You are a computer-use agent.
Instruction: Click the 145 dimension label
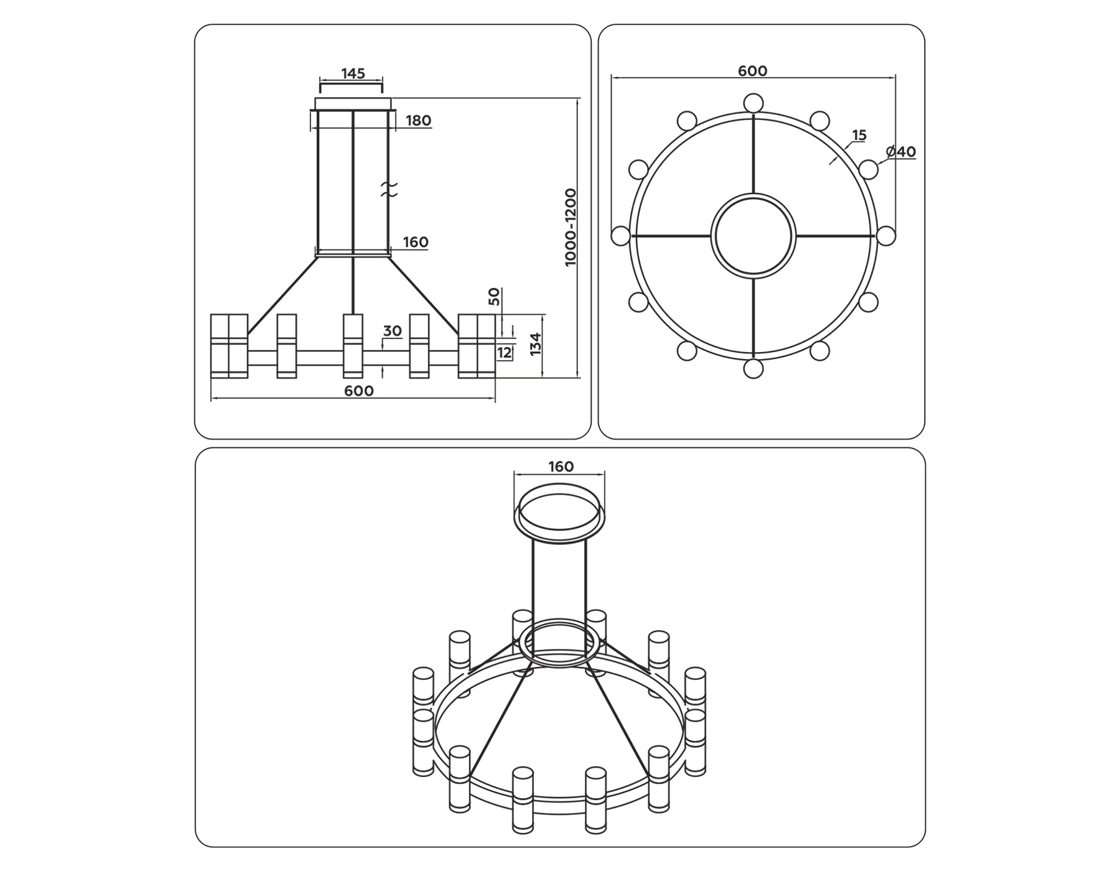pos(353,73)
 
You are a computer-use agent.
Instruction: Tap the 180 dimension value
pos(418,121)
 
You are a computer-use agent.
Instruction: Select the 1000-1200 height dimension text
pos(571,228)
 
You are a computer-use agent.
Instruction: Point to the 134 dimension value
pos(536,344)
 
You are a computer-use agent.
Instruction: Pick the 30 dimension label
pos(392,331)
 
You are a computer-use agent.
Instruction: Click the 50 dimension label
pos(494,296)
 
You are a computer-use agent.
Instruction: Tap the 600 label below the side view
pos(359,391)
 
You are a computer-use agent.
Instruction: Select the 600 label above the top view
pos(752,71)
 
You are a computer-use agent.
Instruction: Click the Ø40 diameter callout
pos(900,152)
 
